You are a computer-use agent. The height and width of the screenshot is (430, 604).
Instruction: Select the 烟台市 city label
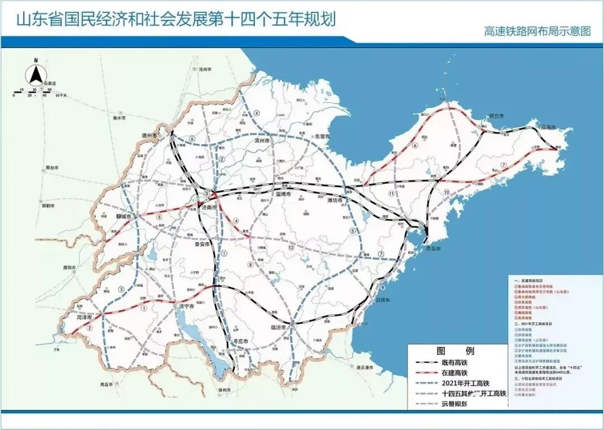(497, 115)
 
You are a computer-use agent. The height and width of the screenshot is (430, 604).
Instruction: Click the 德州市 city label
(150, 135)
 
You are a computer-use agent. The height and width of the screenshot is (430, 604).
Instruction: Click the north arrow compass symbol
(35, 72)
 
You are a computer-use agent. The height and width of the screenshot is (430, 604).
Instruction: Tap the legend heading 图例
(454, 352)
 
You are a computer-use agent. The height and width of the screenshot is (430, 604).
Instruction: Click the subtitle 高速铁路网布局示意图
(537, 31)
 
